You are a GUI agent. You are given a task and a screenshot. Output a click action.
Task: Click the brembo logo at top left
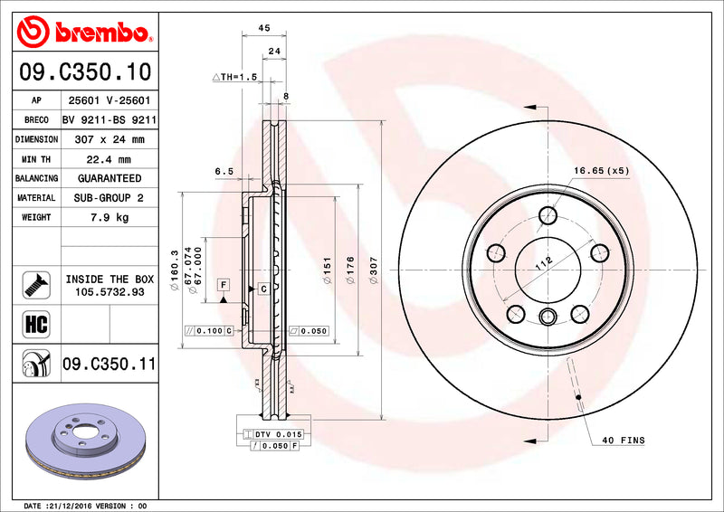pyautogui.click(x=84, y=33)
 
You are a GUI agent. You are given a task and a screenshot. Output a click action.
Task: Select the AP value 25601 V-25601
pyautogui.click(x=110, y=100)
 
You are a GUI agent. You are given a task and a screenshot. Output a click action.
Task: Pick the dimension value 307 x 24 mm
pyautogui.click(x=110, y=140)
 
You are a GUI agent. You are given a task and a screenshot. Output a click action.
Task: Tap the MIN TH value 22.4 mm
pyautogui.click(x=110, y=159)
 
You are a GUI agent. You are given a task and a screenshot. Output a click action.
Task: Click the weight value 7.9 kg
pyautogui.click(x=110, y=217)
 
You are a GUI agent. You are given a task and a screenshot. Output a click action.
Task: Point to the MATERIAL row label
pyautogui.click(x=36, y=198)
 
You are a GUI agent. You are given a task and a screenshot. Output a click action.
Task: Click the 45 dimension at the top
pyautogui.click(x=264, y=29)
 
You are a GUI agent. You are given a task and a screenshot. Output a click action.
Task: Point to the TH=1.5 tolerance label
pyautogui.click(x=235, y=78)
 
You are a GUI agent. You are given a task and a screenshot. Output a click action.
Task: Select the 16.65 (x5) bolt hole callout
pyautogui.click(x=600, y=170)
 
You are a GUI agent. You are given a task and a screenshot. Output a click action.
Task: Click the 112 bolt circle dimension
pyautogui.click(x=542, y=263)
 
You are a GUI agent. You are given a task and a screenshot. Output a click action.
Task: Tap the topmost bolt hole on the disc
pyautogui.click(x=548, y=215)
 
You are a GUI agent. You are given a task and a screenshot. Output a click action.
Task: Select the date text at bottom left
pyautogui.click(x=83, y=505)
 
